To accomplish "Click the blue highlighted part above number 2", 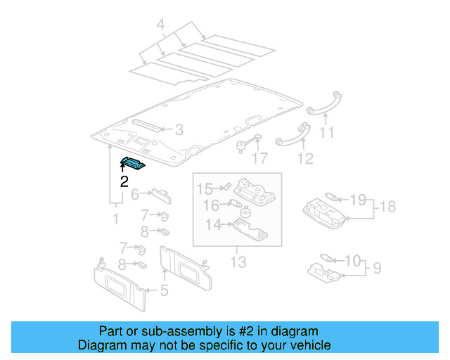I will [132, 163].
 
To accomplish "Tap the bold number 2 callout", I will [124, 181].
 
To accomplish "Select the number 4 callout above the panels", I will [160, 27].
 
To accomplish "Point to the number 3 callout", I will [179, 129].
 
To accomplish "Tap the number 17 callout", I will [259, 159].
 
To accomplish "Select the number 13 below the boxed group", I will [238, 262].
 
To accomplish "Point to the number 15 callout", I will [204, 188].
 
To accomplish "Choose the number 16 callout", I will [210, 205].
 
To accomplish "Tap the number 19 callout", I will [358, 200].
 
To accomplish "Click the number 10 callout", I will [352, 261].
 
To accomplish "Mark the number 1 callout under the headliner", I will [117, 219].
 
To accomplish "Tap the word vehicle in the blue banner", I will [309, 345].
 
